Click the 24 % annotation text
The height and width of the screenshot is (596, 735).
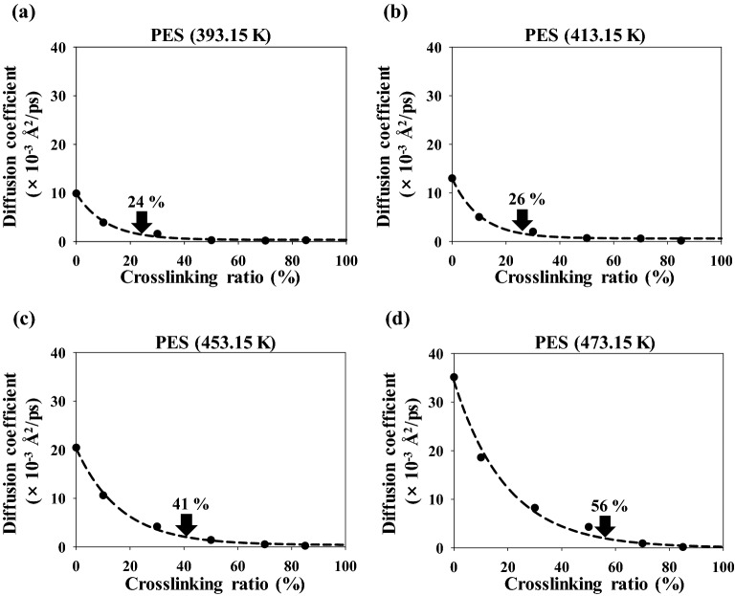click(x=146, y=202)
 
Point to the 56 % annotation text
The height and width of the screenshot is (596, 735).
click(x=603, y=504)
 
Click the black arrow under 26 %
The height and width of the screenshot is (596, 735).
click(x=523, y=220)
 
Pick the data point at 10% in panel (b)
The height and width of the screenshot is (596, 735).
click(x=479, y=217)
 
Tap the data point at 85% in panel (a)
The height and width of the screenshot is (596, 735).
click(x=306, y=240)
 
